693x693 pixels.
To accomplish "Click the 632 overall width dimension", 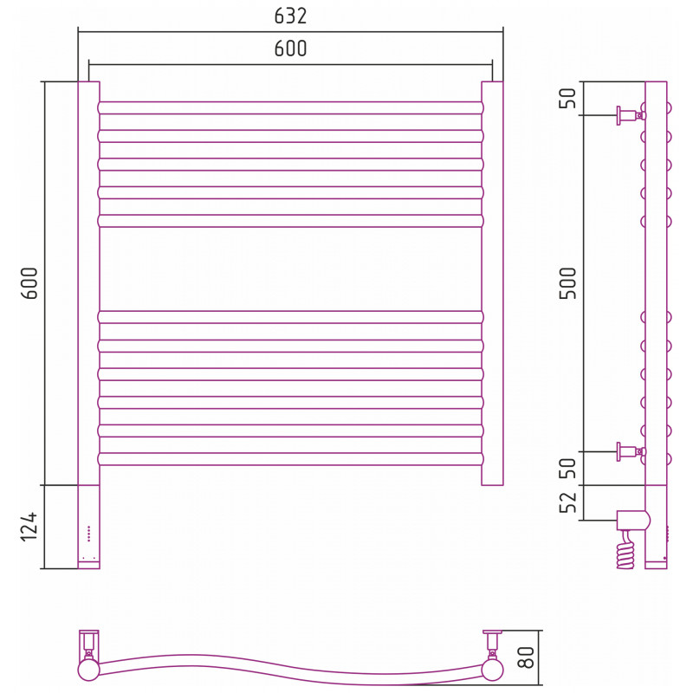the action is pyautogui.click(x=290, y=16).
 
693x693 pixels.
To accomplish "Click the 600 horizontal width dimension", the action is pyautogui.click(x=290, y=49).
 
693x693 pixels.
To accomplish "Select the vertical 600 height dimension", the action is pyautogui.click(x=29, y=283).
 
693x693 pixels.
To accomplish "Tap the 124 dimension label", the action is pyautogui.click(x=29, y=527).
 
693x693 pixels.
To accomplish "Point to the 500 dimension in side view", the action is pyautogui.click(x=568, y=283).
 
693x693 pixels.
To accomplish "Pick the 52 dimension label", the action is pyautogui.click(x=568, y=502).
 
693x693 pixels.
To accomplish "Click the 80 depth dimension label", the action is pyautogui.click(x=526, y=657).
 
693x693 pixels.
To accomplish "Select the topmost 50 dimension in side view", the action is pyautogui.click(x=568, y=98).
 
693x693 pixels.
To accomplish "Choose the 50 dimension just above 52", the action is pyautogui.click(x=568, y=468).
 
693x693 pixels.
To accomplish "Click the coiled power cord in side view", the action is pyautogui.click(x=626, y=550).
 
